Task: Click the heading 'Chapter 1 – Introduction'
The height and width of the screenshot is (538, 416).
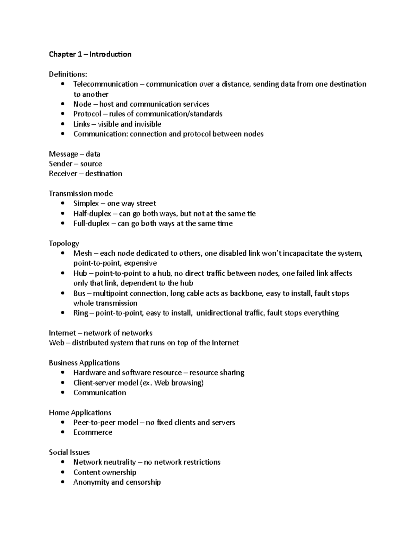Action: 90,54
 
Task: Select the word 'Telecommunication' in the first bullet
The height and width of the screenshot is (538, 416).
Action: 105,84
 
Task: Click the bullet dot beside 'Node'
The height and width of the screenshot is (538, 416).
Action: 62,104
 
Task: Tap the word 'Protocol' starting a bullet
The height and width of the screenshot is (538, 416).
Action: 87,114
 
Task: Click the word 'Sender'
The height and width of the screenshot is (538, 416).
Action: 61,164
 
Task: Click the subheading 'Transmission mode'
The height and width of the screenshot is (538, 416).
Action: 81,193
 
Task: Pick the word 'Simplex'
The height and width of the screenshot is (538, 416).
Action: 86,203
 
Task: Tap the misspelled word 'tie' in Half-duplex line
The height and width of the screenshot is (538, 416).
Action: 251,213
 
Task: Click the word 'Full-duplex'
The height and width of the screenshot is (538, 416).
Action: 91,223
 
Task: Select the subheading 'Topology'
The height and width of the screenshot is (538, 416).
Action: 64,244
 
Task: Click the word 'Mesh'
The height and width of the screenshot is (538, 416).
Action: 83,253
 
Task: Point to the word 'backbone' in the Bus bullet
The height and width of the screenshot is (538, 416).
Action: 246,293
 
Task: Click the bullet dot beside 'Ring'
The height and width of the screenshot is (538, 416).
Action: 62,313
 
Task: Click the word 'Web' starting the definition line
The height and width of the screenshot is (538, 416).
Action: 57,343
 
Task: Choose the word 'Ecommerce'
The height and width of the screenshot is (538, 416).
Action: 93,432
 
